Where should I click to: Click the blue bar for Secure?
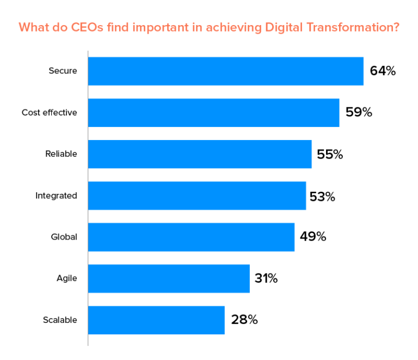(x=225, y=71)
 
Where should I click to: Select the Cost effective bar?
(x=213, y=113)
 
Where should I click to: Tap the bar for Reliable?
(x=200, y=154)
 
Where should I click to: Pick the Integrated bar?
(x=196, y=196)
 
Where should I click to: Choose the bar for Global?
(x=191, y=237)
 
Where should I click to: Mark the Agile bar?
(x=169, y=278)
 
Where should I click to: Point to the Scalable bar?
(x=156, y=320)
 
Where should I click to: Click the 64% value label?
(x=382, y=71)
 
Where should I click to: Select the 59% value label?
(x=359, y=113)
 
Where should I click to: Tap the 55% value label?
(x=330, y=154)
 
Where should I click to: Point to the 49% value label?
(x=313, y=237)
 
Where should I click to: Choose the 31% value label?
(x=266, y=278)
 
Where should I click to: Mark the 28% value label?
(x=244, y=320)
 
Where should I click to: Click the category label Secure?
(x=63, y=71)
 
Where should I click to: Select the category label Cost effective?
(x=50, y=113)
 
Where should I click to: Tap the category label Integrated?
(x=56, y=196)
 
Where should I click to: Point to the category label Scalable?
(x=60, y=320)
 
